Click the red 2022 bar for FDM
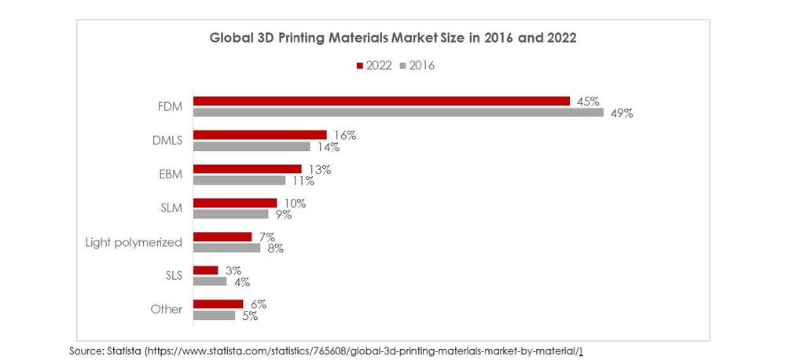tap(381, 101)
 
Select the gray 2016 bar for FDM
tap(399, 112)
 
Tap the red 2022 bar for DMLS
tap(259, 134)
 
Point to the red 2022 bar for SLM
tap(235, 202)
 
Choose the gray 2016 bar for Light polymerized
tap(226, 248)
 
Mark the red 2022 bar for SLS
tap(206, 270)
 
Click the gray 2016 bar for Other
tap(214, 315)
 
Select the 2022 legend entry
tap(374, 66)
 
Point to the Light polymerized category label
tap(134, 242)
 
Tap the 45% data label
tap(587, 101)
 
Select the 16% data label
tap(343, 135)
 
